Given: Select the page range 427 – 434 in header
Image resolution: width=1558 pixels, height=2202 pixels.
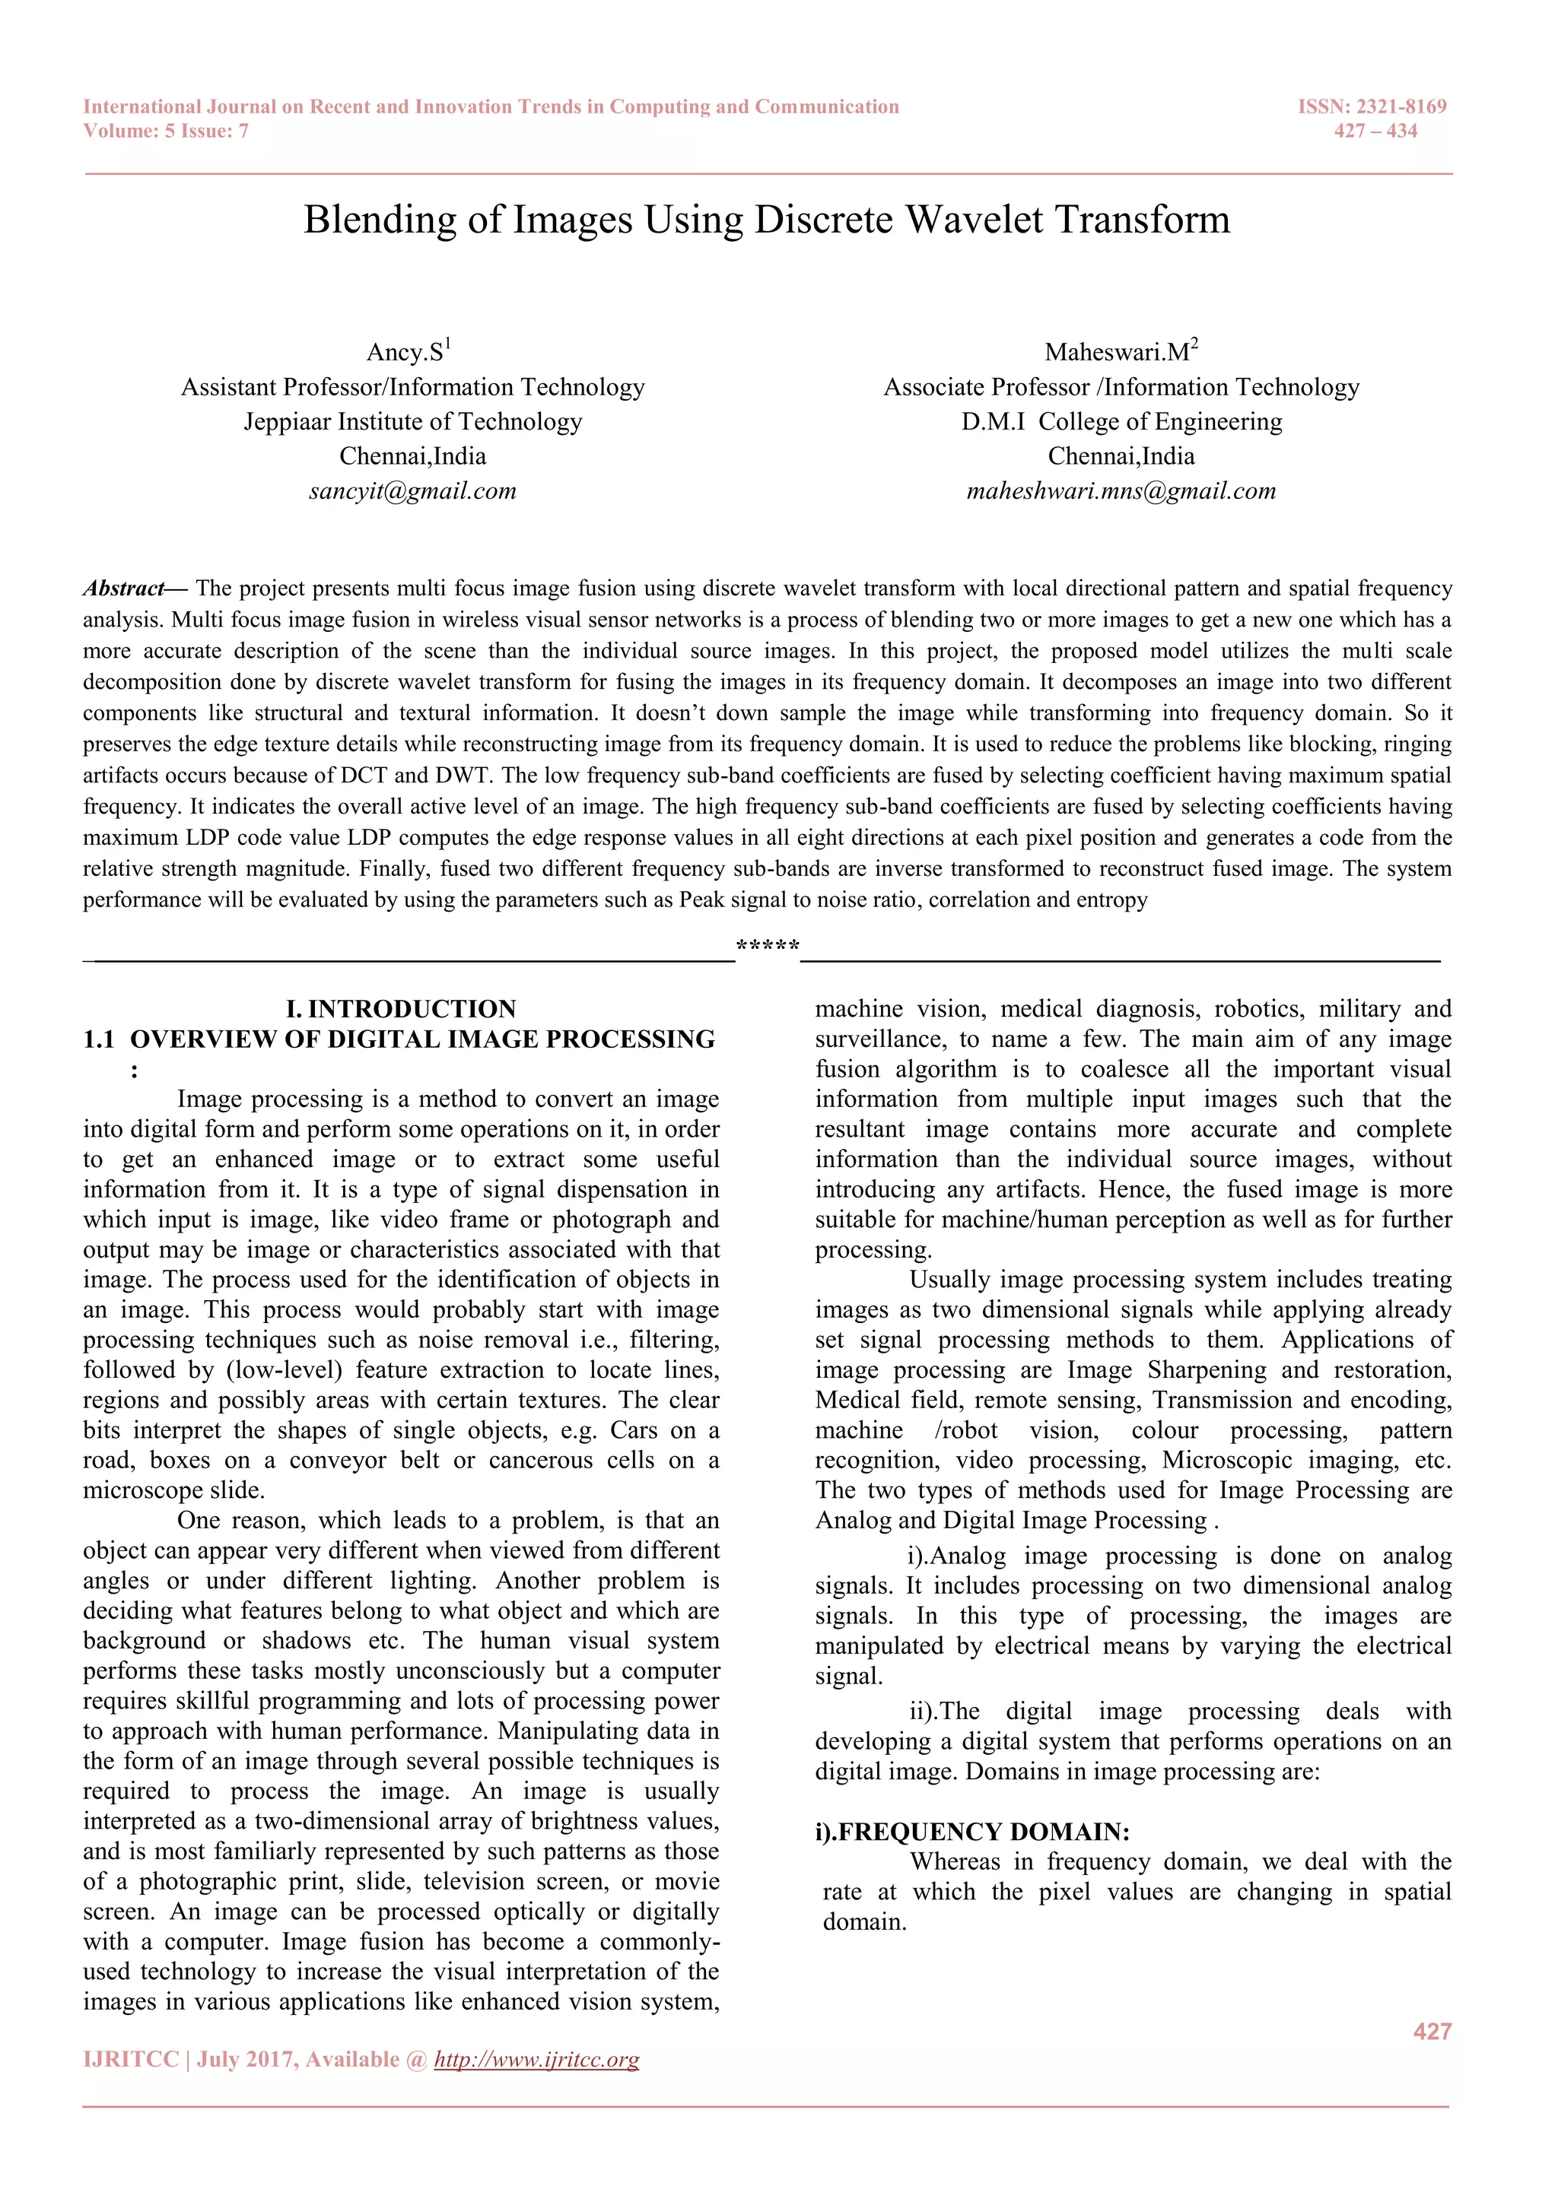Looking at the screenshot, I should pos(1375,132).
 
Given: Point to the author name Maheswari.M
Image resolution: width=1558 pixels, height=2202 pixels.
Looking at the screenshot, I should pos(1117,352).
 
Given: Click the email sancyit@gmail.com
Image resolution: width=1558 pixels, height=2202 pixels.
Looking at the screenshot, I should pos(412,491).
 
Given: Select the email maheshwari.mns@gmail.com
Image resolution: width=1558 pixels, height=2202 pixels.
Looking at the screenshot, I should pos(1121,491).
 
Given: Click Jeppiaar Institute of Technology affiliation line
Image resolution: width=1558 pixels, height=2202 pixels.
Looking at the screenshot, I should pos(412,422).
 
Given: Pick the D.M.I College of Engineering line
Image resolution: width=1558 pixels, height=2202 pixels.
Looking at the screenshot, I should pos(1121,422).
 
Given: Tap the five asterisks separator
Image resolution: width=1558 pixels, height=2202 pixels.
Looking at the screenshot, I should pos(768,947).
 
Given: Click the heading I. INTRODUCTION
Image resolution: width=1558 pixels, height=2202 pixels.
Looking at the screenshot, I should pos(401,1009).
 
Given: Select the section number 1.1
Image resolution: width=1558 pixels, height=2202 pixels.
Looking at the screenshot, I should pos(99,1039).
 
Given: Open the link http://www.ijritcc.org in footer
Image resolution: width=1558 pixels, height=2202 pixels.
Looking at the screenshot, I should pos(536,2060).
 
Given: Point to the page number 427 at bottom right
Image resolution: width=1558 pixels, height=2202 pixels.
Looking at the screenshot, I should pos(1432,2031).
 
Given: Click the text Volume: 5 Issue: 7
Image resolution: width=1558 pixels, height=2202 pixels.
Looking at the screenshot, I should pos(166,132).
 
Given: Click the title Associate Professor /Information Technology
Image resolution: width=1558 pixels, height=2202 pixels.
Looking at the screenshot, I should pos(1121,388).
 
